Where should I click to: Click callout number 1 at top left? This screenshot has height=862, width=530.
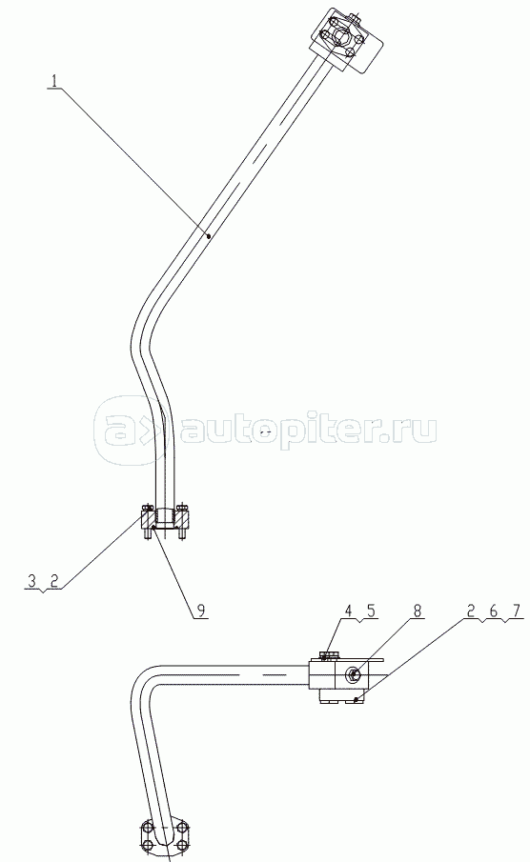click(x=54, y=81)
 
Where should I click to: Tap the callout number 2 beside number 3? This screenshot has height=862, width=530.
click(x=54, y=580)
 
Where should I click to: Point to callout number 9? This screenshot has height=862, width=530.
click(x=201, y=611)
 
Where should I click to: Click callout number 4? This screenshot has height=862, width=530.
click(x=348, y=611)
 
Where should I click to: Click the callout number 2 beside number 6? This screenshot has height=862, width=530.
click(x=471, y=611)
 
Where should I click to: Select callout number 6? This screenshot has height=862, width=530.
click(x=493, y=611)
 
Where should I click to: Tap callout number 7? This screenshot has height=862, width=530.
click(x=515, y=611)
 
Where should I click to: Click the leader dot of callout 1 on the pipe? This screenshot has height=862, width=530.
click(x=209, y=236)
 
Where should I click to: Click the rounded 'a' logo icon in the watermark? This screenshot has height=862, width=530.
click(x=116, y=427)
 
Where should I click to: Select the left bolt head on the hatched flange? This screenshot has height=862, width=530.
click(x=147, y=507)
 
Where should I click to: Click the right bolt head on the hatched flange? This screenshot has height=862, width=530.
click(x=184, y=507)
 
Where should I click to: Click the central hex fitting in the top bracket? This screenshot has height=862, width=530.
click(x=338, y=38)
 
